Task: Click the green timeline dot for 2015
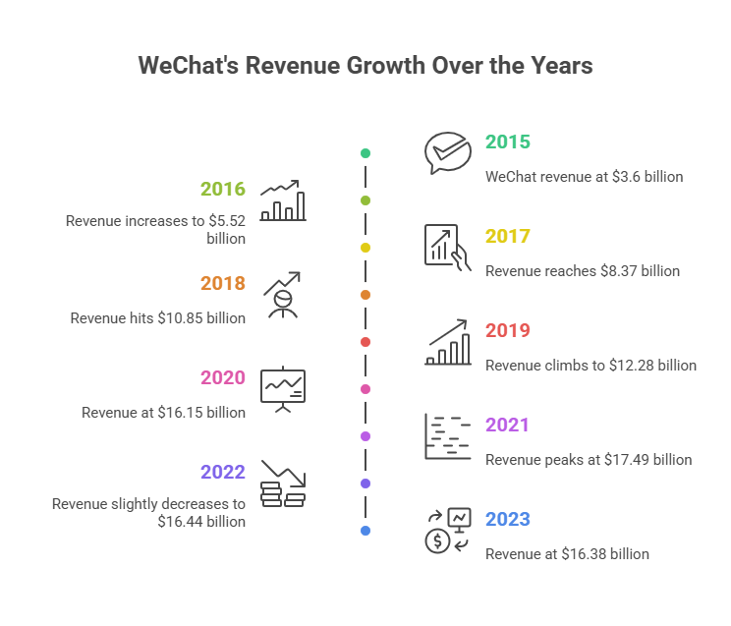[x=365, y=153]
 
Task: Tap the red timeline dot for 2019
[x=365, y=342]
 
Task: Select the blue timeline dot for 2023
[x=365, y=531]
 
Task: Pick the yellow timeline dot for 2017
[x=365, y=248]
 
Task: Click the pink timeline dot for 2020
[x=365, y=389]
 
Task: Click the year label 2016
[x=223, y=189]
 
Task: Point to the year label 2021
[x=507, y=425]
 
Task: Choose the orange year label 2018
[x=223, y=283]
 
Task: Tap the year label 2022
[x=223, y=472]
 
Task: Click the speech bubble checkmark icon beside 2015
[x=448, y=153]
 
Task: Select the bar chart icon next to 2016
[x=283, y=200]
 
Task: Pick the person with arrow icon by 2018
[x=283, y=295]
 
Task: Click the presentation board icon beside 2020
[x=283, y=388]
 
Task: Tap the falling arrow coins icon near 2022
[x=283, y=483]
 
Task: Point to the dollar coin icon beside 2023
[x=436, y=540]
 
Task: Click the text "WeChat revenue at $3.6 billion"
[x=584, y=177]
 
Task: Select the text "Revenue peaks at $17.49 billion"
[x=588, y=460]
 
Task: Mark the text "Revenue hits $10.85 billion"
[x=157, y=318]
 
